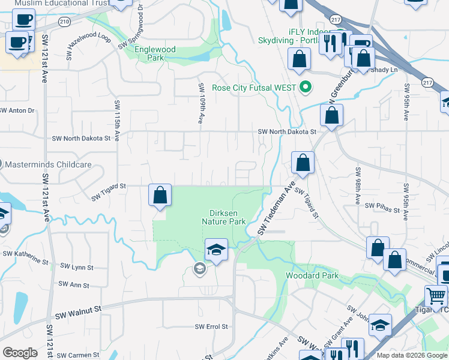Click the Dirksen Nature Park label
(x=228, y=217)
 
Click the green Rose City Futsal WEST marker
(x=306, y=88)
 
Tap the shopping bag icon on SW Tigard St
(x=160, y=196)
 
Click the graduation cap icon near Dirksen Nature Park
(x=216, y=250)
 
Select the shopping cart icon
(x=436, y=295)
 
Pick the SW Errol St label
(x=212, y=327)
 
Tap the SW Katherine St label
(x=25, y=257)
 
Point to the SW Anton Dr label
(x=17, y=110)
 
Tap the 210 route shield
(x=64, y=22)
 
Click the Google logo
(x=20, y=353)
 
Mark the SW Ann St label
(x=74, y=285)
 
